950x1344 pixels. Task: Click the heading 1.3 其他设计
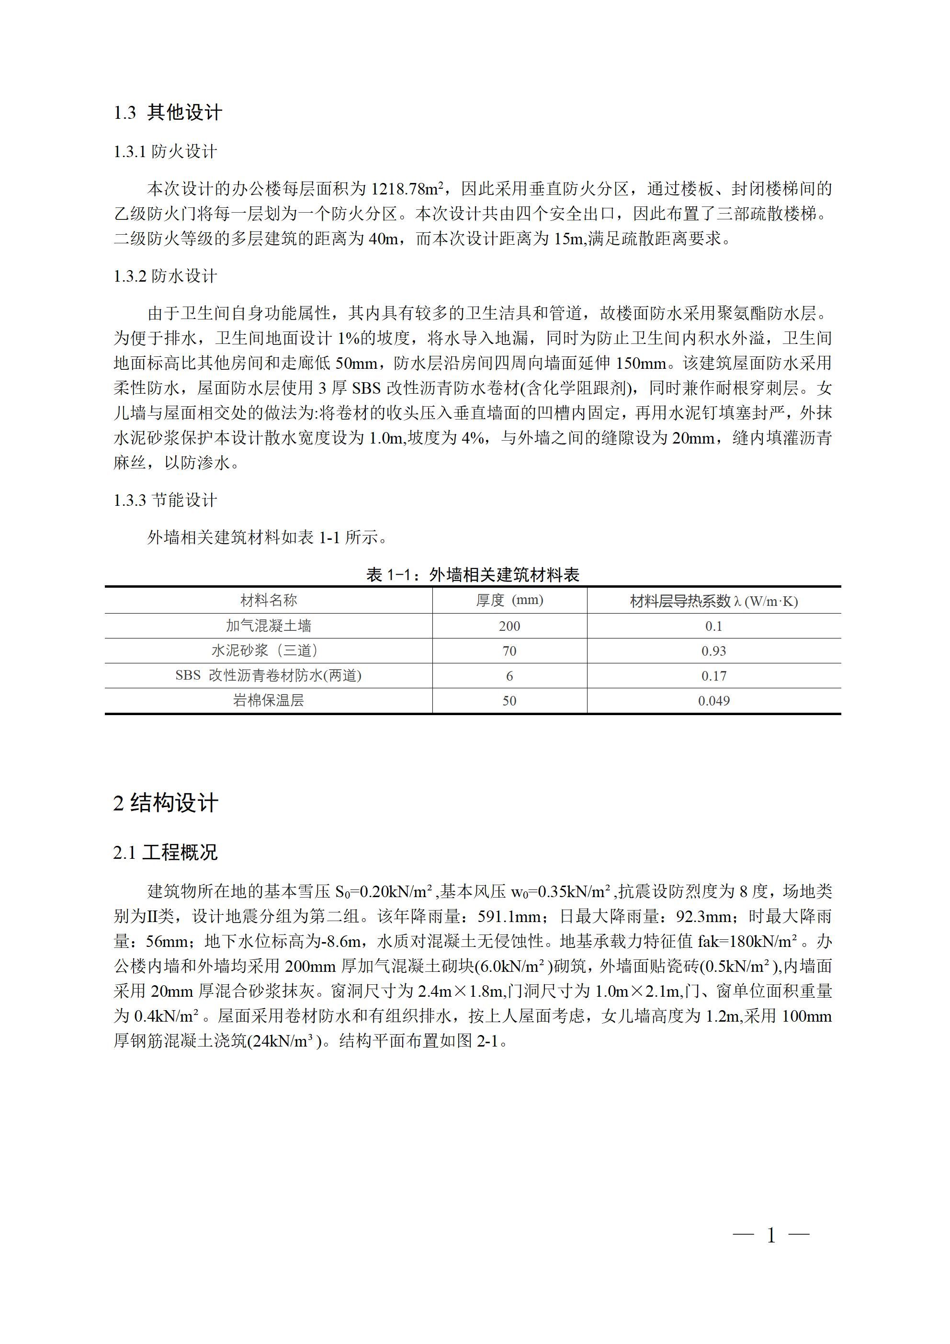click(x=168, y=113)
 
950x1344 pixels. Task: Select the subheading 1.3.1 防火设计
click(x=166, y=152)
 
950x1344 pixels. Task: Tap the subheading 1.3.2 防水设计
click(x=166, y=276)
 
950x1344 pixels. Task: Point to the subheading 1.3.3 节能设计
click(x=166, y=500)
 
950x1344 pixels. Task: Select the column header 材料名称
click(x=269, y=600)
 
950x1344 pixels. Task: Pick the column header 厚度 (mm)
click(x=509, y=600)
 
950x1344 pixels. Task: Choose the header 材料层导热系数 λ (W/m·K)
click(x=713, y=601)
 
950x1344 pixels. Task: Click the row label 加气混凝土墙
click(x=269, y=626)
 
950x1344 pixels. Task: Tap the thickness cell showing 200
click(x=509, y=626)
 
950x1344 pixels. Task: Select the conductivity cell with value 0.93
click(x=713, y=651)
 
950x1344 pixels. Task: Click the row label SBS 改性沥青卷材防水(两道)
click(x=269, y=675)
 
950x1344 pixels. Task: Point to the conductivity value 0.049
click(x=713, y=701)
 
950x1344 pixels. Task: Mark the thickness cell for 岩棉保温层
click(x=509, y=701)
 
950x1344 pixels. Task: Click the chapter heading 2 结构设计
click(x=166, y=803)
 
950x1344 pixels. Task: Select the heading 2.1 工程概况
click(x=166, y=852)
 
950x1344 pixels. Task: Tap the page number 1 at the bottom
click(x=771, y=1236)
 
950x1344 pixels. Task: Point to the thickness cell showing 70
click(x=509, y=651)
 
